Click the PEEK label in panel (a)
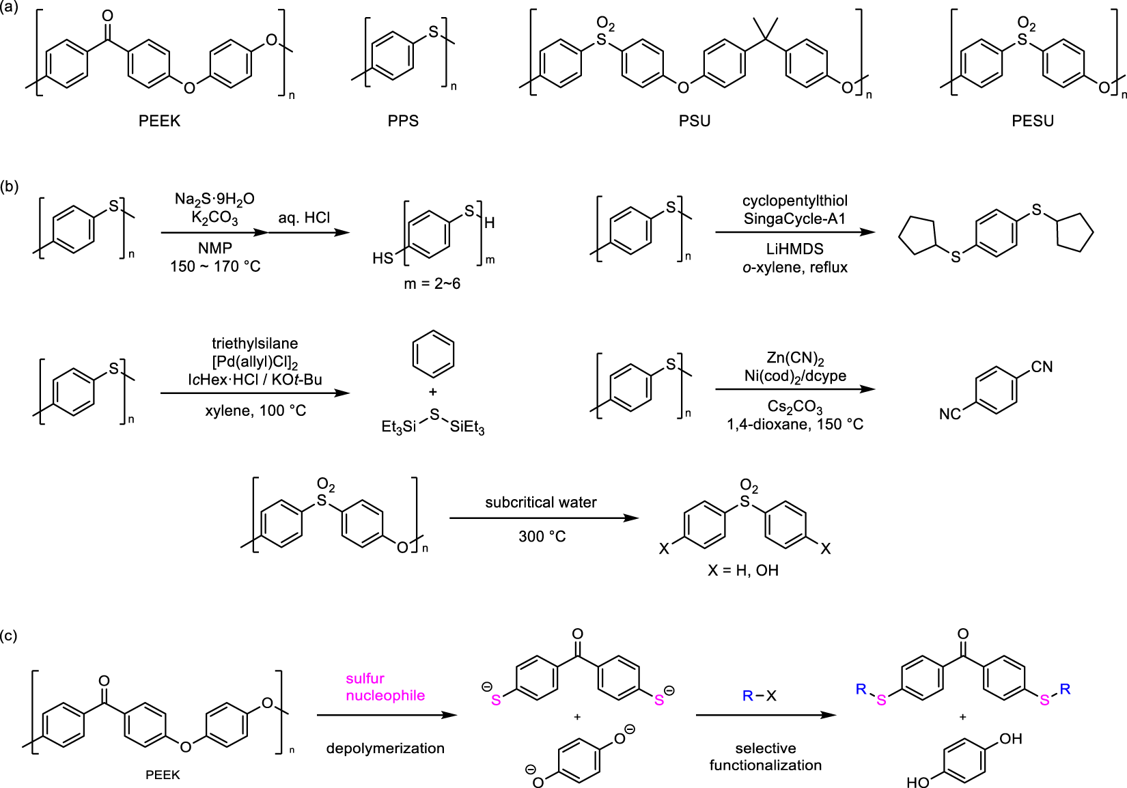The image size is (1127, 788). coord(159,121)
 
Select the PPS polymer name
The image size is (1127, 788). coord(403,121)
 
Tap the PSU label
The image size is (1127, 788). coord(695,121)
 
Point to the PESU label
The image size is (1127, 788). coord(1032,121)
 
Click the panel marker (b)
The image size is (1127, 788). coord(10,186)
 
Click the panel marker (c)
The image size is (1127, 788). coord(10,636)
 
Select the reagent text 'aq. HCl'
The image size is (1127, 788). coord(304,218)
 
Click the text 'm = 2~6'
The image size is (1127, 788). coord(432,283)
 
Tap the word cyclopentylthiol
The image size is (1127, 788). coord(795,201)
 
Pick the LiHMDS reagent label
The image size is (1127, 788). coord(795,249)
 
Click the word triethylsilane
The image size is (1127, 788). coord(255,343)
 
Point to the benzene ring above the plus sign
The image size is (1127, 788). coord(433,354)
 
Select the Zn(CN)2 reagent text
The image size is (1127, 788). coord(795,358)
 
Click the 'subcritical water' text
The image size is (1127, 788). coord(541,503)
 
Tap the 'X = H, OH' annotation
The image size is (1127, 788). coord(743,570)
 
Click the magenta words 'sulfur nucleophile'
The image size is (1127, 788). coord(385,687)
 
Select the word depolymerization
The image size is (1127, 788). coord(385,748)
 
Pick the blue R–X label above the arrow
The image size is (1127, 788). coord(760,696)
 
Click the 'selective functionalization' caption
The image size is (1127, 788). coord(765,757)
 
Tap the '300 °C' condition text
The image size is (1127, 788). coord(542,537)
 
